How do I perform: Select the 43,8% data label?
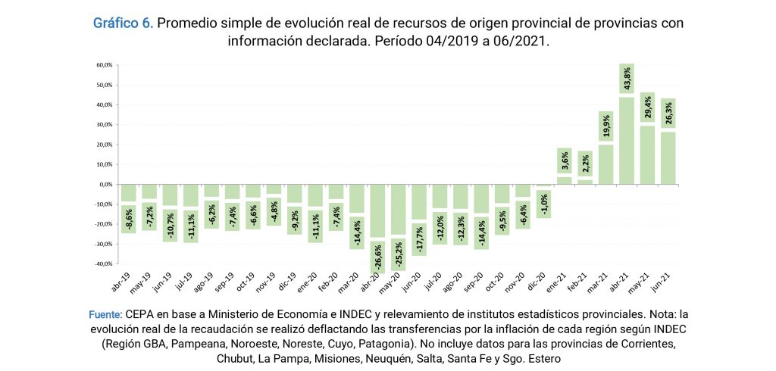click(627, 80)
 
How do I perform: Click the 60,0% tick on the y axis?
click(104, 65)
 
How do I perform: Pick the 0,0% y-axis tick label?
click(105, 185)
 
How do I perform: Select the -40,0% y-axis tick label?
click(103, 264)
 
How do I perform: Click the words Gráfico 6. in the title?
click(123, 23)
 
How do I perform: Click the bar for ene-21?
click(564, 180)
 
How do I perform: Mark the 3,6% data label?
click(564, 161)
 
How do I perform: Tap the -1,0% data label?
click(543, 203)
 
